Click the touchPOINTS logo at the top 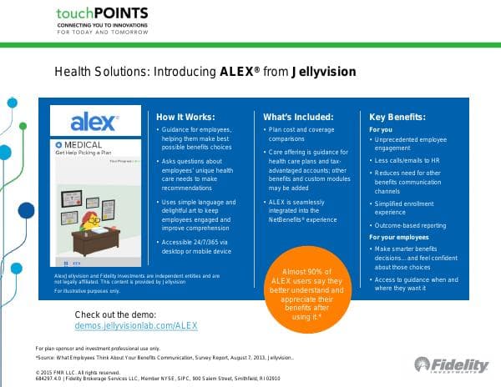(102, 14)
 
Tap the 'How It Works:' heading (185, 117)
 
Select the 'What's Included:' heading (298, 117)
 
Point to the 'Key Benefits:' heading (397, 117)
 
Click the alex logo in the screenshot (93, 123)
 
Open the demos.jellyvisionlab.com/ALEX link (135, 325)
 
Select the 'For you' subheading (381, 130)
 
